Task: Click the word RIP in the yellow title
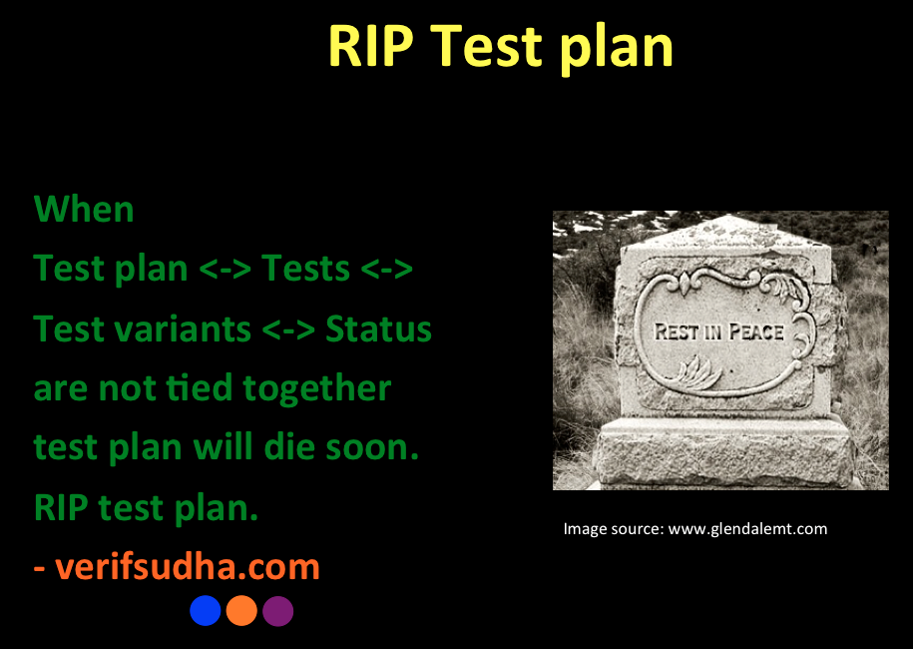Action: (371, 47)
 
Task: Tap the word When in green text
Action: (84, 209)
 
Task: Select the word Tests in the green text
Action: (305, 268)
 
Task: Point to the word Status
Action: (378, 328)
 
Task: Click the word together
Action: (316, 389)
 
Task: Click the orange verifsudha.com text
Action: (187, 567)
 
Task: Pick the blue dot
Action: (206, 610)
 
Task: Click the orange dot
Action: (241, 610)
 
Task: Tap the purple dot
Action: (277, 610)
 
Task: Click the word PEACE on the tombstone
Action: (756, 332)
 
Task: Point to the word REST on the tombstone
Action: (677, 332)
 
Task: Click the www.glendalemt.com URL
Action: (747, 529)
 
